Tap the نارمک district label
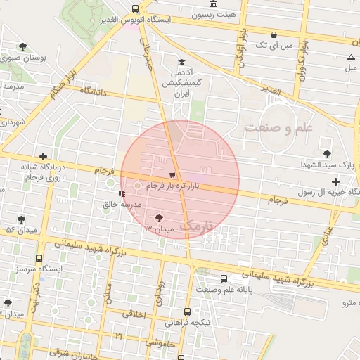click(x=195, y=226)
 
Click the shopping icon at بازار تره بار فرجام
click(x=173, y=174)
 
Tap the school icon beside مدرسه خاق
click(x=122, y=193)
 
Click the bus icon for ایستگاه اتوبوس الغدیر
click(x=135, y=8)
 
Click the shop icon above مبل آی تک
click(x=273, y=34)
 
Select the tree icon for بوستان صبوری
click(x=23, y=46)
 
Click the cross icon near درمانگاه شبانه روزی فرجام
click(x=44, y=156)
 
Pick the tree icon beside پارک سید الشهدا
click(x=326, y=153)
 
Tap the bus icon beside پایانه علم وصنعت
click(x=224, y=278)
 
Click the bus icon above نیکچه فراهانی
click(x=187, y=311)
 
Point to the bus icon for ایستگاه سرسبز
click(x=39, y=258)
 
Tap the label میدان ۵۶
click(x=21, y=230)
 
